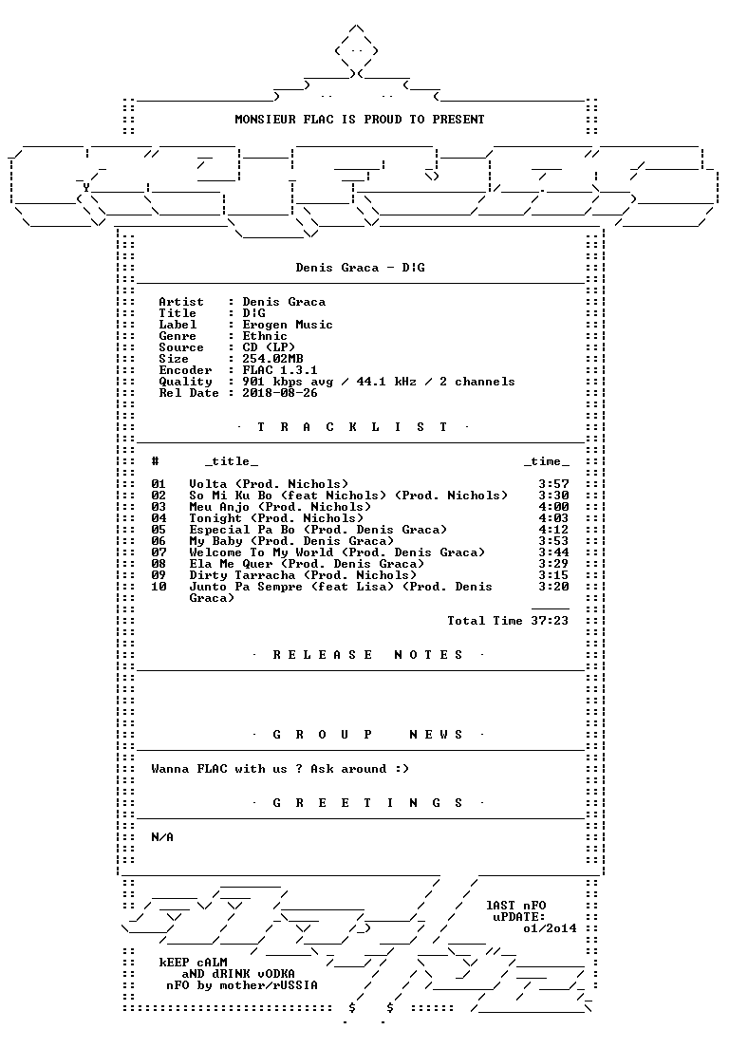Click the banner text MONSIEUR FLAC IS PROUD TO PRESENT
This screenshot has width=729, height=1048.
tap(360, 120)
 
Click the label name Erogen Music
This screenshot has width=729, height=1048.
tap(288, 325)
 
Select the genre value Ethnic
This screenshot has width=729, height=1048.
tap(265, 336)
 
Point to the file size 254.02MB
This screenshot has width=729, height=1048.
tap(272, 359)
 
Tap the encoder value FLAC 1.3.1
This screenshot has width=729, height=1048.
tap(280, 370)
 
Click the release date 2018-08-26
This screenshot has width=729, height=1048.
tap(280, 393)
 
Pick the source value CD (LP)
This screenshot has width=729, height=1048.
tap(269, 347)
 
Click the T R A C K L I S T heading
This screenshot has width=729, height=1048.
tap(353, 427)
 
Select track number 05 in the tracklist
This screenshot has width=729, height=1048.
tap(159, 530)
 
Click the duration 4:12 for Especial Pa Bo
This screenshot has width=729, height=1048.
tap(554, 530)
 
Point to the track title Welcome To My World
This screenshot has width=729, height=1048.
tap(261, 552)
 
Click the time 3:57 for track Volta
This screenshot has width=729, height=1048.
tap(554, 484)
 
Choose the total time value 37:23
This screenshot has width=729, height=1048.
tap(550, 621)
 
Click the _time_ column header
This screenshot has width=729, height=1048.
tap(547, 462)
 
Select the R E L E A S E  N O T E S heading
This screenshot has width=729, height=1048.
tap(367, 655)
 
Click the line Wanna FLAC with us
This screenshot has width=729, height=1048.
tap(280, 769)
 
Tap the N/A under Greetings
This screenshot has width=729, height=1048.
tap(162, 837)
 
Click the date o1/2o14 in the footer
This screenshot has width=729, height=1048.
tap(550, 928)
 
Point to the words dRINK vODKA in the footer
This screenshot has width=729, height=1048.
tap(253, 974)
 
